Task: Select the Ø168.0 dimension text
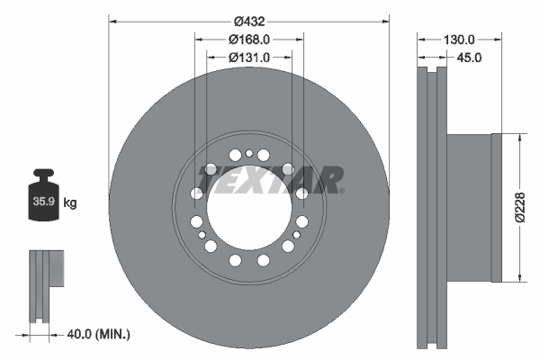pyautogui.click(x=249, y=40)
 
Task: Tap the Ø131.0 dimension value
pyautogui.click(x=249, y=58)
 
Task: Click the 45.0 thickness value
pyautogui.click(x=470, y=58)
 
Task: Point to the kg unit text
pyautogui.click(x=70, y=203)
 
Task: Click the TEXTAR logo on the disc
pyautogui.click(x=270, y=180)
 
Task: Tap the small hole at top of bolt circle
pyautogui.click(x=248, y=154)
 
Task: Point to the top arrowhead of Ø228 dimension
pyautogui.click(x=519, y=138)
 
